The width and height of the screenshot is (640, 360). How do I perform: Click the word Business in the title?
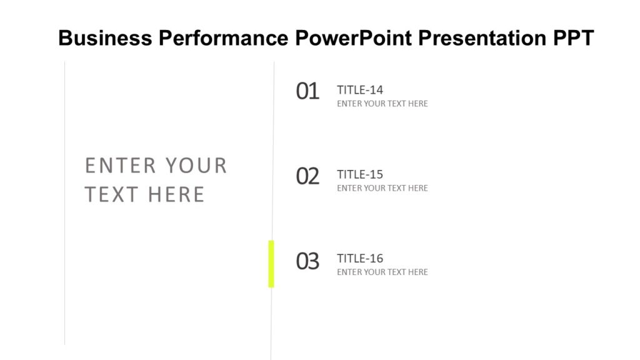(105, 39)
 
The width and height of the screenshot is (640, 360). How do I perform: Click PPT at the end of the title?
(573, 39)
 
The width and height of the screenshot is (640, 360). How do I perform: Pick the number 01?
(307, 92)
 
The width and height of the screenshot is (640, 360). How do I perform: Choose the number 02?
(307, 176)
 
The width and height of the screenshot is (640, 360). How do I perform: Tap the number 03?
(307, 261)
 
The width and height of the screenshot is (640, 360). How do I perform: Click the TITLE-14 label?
(360, 90)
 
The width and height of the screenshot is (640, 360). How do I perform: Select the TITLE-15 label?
(360, 174)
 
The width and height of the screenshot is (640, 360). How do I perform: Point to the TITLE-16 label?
(360, 259)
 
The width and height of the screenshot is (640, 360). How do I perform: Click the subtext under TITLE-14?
(382, 104)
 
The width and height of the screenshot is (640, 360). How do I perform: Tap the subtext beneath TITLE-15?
(382, 188)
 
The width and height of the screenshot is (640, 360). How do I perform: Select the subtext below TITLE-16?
(382, 272)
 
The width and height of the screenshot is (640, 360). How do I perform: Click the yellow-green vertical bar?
(271, 264)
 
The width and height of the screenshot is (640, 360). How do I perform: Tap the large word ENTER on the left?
(121, 166)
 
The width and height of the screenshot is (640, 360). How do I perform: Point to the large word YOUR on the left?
(196, 166)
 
